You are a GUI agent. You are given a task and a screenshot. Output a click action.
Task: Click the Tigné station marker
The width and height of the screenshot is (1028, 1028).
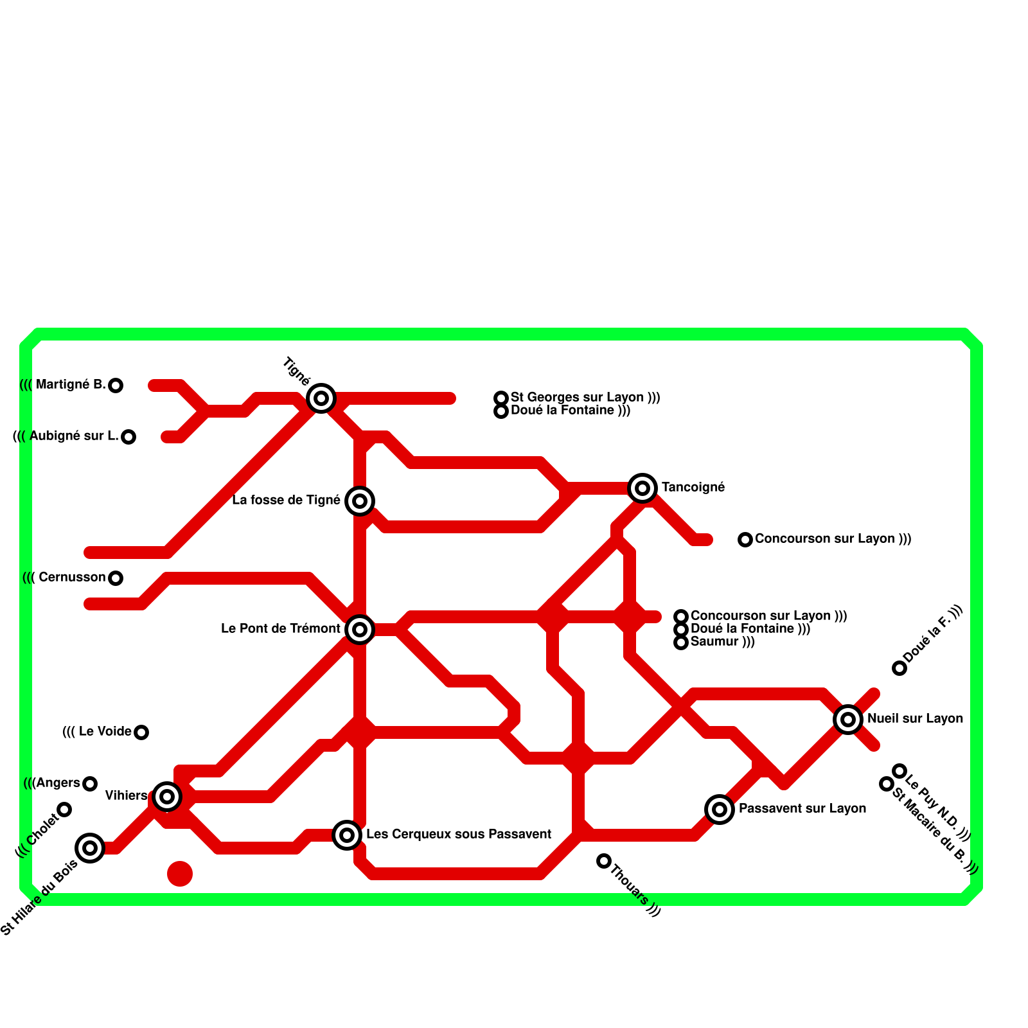321,398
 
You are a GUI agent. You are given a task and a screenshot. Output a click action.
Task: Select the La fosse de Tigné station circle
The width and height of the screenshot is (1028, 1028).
360,501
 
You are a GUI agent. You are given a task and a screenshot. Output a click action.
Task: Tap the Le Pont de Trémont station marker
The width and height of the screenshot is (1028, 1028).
360,630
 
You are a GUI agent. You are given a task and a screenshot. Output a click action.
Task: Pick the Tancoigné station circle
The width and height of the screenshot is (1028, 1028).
642,488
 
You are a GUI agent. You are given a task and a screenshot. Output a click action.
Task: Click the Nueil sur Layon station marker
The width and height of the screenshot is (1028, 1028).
848,720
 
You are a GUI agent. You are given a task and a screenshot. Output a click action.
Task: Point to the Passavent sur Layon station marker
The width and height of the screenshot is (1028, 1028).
720,810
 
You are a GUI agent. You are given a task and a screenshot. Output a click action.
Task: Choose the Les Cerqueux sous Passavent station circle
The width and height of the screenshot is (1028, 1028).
347,835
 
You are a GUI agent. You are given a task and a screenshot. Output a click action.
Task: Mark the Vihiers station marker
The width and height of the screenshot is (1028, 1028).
167,797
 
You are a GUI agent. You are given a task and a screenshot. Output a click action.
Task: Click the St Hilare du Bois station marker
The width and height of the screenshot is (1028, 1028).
90,848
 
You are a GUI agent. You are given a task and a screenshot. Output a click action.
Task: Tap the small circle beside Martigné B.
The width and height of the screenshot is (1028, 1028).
116,385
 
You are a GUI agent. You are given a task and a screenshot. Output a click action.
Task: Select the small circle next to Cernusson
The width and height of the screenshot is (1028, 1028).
116,578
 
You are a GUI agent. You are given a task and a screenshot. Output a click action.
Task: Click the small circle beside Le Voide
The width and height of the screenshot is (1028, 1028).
141,732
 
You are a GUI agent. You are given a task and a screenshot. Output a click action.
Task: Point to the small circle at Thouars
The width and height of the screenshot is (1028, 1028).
604,861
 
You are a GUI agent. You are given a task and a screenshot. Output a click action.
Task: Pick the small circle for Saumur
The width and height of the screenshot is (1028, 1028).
681,642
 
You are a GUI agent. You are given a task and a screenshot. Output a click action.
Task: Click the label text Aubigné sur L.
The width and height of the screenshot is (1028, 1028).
73,436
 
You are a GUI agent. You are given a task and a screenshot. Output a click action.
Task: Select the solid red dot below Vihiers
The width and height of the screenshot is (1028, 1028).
180,874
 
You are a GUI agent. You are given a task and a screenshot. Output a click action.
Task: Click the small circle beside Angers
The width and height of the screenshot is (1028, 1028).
90,784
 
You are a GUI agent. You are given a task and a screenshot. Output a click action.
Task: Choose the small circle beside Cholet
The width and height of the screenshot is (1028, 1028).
64,810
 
